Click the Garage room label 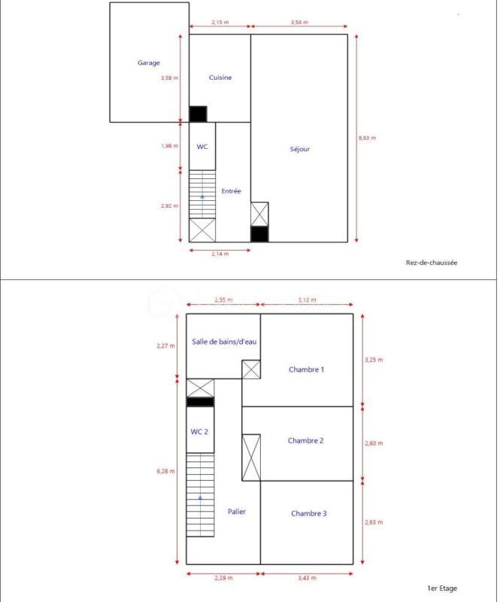[x=148, y=63]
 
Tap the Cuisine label [x=220, y=78]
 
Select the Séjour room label [x=300, y=149]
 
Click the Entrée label [x=231, y=191]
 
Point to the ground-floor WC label [x=202, y=147]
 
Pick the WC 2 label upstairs [x=199, y=432]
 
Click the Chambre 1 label [x=307, y=369]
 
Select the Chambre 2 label [x=306, y=441]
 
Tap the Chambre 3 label [x=308, y=513]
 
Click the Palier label [x=237, y=512]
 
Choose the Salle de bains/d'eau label [x=225, y=342]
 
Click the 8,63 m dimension [x=367, y=138]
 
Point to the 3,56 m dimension [x=299, y=23]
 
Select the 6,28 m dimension [x=166, y=472]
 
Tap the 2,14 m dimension [x=220, y=254]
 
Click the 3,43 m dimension [x=306, y=578]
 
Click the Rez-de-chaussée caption [x=432, y=263]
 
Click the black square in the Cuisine [x=198, y=114]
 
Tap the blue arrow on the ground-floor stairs [x=202, y=196]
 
